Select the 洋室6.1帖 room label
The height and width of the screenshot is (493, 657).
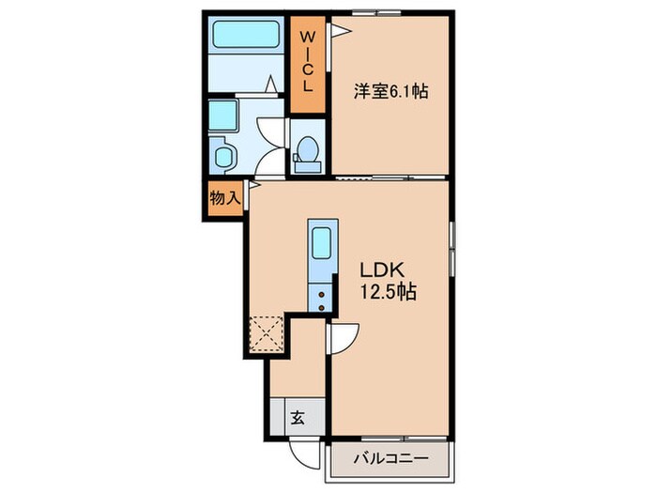pyautogui.click(x=390, y=92)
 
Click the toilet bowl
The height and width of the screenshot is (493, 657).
pyautogui.click(x=307, y=148)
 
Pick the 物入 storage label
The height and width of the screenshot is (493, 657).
pyautogui.click(x=224, y=199)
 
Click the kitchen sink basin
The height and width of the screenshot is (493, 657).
pyautogui.click(x=320, y=246)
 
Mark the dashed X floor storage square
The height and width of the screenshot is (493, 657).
pyautogui.click(x=267, y=333)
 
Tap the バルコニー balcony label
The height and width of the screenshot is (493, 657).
pyautogui.click(x=390, y=460)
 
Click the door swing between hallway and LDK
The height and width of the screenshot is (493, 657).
pyautogui.click(x=343, y=336)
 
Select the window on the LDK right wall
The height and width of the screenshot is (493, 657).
pyautogui.click(x=452, y=250)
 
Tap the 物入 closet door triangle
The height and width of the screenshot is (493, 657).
pyautogui.click(x=252, y=187)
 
